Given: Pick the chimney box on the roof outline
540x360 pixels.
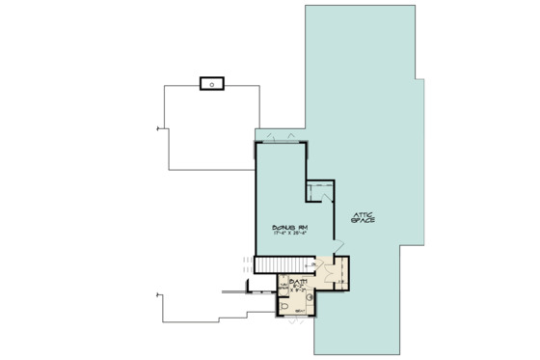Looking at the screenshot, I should click(211, 82).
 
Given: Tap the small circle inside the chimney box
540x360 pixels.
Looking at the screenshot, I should click(211, 82).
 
